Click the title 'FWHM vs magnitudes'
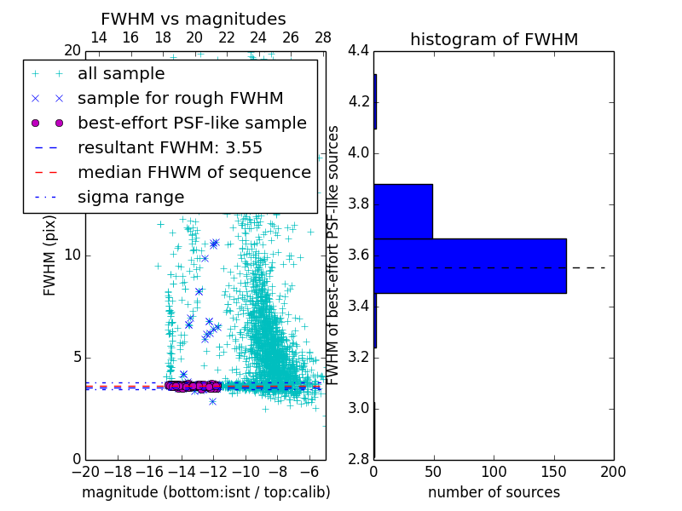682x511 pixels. [x=193, y=19]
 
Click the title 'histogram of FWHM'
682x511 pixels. [x=494, y=39]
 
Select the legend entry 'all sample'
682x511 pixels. [x=120, y=74]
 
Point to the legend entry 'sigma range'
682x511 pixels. [x=130, y=198]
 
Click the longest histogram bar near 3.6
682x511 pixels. [x=470, y=266]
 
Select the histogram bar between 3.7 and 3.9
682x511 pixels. [x=403, y=211]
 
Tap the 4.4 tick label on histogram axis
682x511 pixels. [x=359, y=51]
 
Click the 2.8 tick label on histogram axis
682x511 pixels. [x=359, y=459]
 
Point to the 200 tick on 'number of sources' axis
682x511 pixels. [x=613, y=471]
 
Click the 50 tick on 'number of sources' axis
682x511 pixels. [x=434, y=471]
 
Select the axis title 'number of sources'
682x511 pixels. [x=494, y=492]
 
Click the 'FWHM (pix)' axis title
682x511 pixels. [x=50, y=255]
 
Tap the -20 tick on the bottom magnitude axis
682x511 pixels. [x=85, y=471]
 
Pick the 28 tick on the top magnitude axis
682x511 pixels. [x=322, y=37]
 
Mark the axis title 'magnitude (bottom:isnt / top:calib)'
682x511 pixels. [x=205, y=492]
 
